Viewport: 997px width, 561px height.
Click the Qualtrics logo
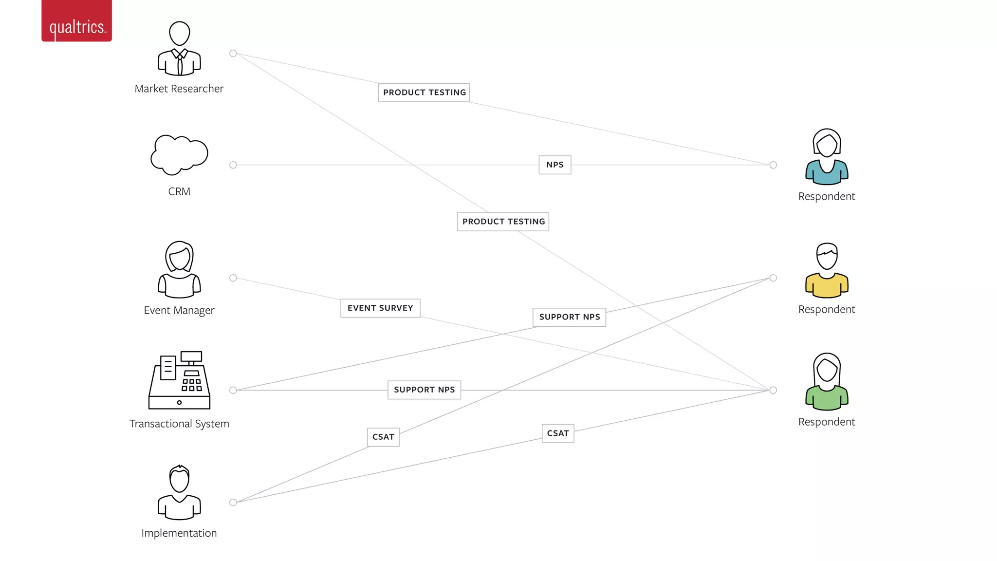click(x=76, y=21)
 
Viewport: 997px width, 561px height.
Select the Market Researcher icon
click(x=179, y=49)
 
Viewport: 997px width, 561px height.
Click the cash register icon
click(x=179, y=380)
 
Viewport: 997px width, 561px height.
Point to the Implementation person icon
click(x=179, y=492)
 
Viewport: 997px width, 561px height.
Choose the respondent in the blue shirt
click(x=827, y=157)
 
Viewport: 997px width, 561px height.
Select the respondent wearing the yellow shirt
click(x=827, y=270)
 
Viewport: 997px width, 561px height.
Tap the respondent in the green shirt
click(x=827, y=382)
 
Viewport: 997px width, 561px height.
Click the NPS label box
click(x=555, y=165)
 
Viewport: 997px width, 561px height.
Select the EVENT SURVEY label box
click(x=380, y=308)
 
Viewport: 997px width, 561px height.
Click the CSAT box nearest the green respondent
click(x=558, y=433)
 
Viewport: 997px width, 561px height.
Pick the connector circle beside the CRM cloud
click(x=233, y=165)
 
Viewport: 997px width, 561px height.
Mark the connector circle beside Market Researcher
click(x=233, y=54)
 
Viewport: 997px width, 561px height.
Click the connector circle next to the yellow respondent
click(x=773, y=278)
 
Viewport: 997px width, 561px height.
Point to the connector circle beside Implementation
click(x=233, y=503)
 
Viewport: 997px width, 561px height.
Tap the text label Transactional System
click(x=179, y=424)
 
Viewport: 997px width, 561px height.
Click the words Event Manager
click(x=179, y=310)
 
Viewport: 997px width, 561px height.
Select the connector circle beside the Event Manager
click(x=233, y=278)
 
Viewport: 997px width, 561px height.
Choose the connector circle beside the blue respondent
click(x=773, y=165)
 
